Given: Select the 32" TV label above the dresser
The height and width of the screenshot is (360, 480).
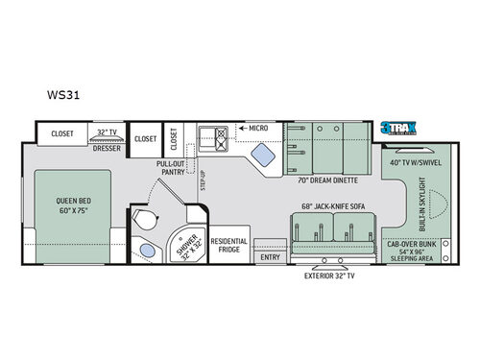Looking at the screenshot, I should pyautogui.click(x=106, y=132).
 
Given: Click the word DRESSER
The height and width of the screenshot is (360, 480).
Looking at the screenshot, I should pyautogui.click(x=106, y=149).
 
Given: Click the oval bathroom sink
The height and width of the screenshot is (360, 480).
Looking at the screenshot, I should pyautogui.click(x=145, y=252).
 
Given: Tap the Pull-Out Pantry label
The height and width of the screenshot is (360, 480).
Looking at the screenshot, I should pyautogui.click(x=171, y=169).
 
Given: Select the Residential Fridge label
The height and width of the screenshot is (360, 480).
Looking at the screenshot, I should pyautogui.click(x=229, y=247).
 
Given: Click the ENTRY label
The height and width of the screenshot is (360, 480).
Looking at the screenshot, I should pyautogui.click(x=270, y=256).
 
